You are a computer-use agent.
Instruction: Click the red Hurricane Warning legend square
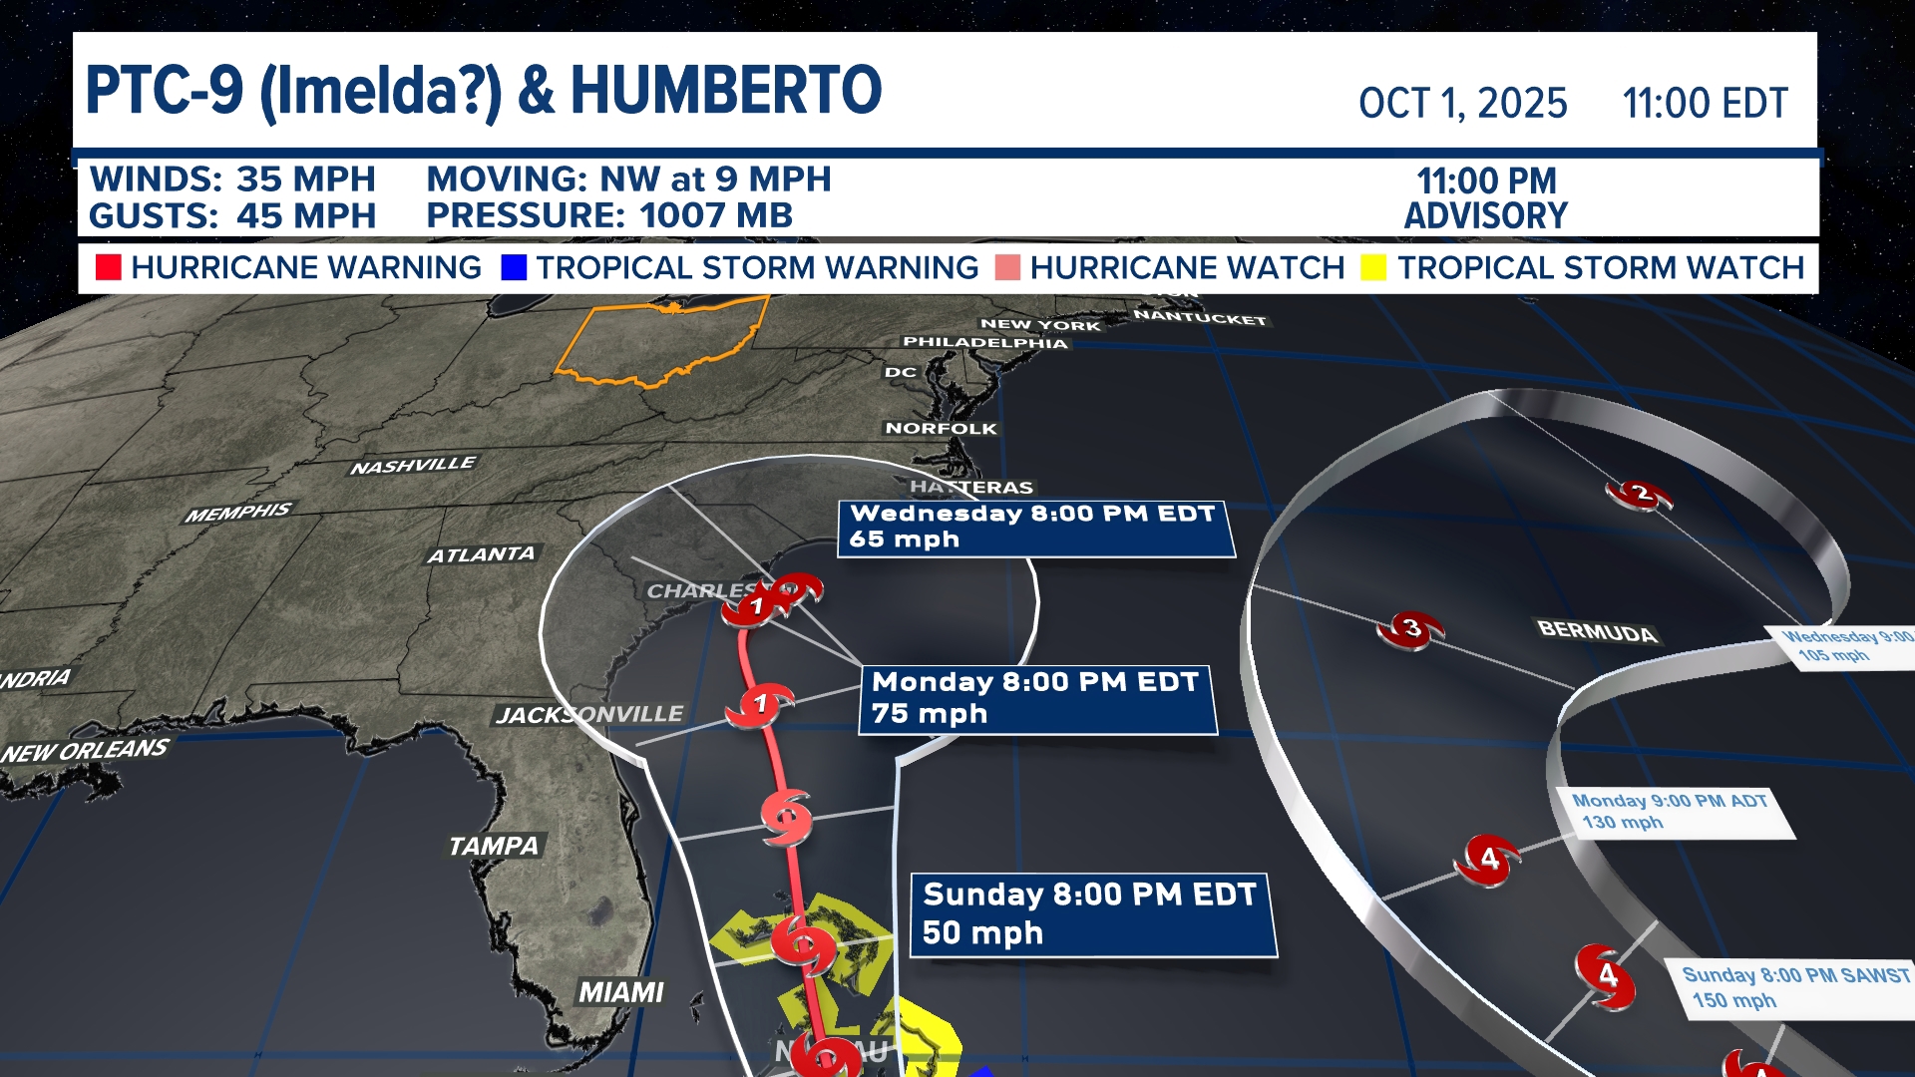tap(108, 267)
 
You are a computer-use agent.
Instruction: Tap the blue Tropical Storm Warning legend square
tap(514, 267)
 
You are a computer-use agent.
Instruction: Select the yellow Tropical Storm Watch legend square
tap(1373, 267)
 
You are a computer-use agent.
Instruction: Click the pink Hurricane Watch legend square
tap(1007, 267)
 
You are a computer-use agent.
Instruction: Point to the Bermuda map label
tap(1597, 631)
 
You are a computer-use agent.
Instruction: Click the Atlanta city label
tap(481, 554)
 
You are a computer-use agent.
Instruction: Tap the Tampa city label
tap(493, 846)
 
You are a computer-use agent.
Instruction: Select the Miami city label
tap(620, 992)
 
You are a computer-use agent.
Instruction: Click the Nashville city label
tap(413, 466)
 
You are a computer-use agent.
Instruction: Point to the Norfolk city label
tap(941, 428)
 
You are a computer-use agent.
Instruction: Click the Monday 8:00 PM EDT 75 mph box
tap(1037, 698)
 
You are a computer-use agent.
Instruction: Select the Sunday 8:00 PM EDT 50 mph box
tap(1092, 913)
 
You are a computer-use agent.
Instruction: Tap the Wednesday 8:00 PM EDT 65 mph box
tap(1034, 527)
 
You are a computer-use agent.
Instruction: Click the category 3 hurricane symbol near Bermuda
tap(1410, 629)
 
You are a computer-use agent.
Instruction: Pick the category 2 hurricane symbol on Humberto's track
tap(1639, 494)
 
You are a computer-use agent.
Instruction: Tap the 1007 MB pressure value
tap(715, 215)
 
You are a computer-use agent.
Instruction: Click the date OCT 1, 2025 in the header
tap(1462, 104)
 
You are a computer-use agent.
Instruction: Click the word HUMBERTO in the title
tap(725, 91)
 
